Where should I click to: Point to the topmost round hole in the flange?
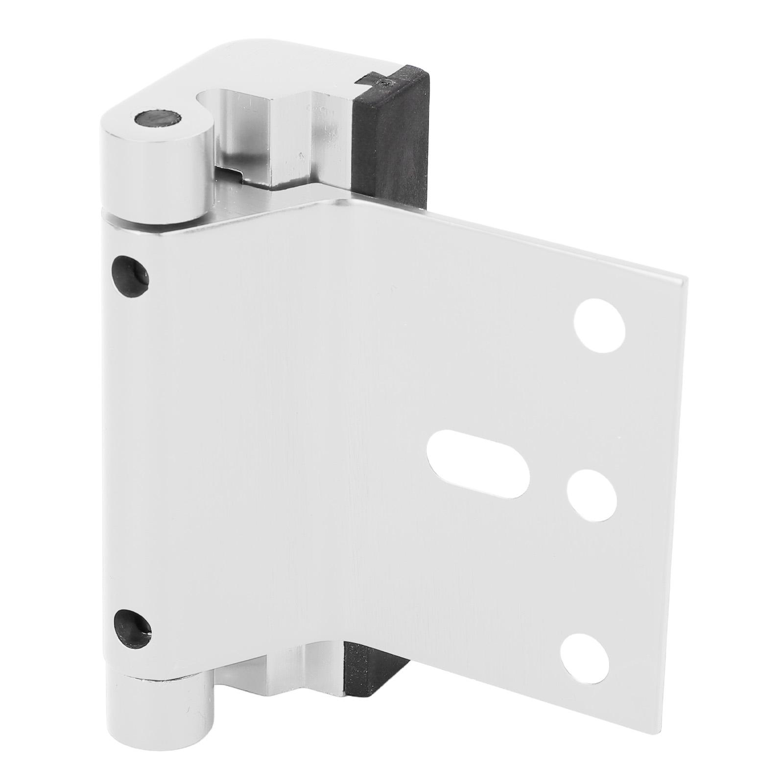click(600, 325)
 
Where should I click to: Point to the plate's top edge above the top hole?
click(602, 267)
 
